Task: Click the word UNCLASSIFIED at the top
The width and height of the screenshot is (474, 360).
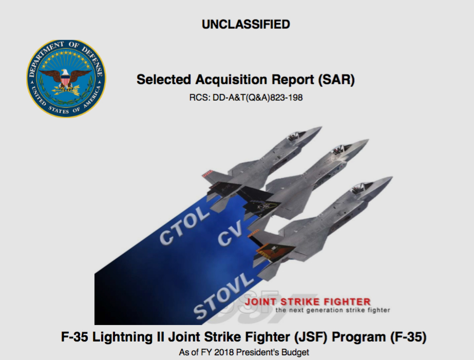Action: coord(246,25)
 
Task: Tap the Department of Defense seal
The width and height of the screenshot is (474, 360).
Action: coord(66,79)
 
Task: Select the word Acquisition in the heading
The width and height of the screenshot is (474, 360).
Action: coord(231,80)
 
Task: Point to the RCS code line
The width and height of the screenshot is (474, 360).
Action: coord(246,98)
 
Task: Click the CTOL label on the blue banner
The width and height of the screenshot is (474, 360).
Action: coord(184,225)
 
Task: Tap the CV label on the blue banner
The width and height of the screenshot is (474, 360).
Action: coord(231,233)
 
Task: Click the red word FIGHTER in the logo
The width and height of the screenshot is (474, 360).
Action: coord(347,301)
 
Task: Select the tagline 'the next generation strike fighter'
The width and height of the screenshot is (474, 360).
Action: coord(333,310)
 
